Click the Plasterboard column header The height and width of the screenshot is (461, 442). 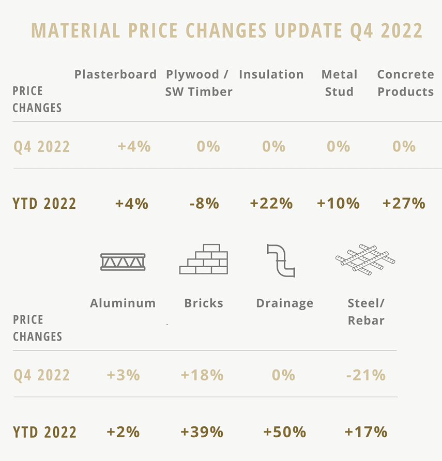click(115, 74)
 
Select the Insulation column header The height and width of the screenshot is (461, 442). click(271, 74)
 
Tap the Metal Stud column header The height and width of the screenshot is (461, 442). click(339, 83)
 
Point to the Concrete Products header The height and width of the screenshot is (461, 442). click(405, 83)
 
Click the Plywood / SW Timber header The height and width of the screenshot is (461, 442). click(199, 83)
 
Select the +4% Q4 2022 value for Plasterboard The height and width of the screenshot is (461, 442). click(134, 146)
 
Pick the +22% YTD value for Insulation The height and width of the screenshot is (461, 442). click(271, 203)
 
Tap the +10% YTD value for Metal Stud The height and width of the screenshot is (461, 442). click(338, 203)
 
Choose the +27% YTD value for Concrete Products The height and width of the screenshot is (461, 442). click(404, 203)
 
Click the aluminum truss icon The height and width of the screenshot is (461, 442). click(123, 262)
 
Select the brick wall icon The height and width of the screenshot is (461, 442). click(203, 259)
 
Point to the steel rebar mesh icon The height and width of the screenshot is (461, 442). click(365, 258)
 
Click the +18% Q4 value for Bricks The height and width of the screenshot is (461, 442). click(202, 375)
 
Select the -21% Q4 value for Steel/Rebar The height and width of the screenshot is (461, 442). click(365, 375)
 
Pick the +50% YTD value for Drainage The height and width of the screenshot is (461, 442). click(284, 432)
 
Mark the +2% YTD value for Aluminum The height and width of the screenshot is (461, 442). click(123, 432)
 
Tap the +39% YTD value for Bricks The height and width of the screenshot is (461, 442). click(202, 432)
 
